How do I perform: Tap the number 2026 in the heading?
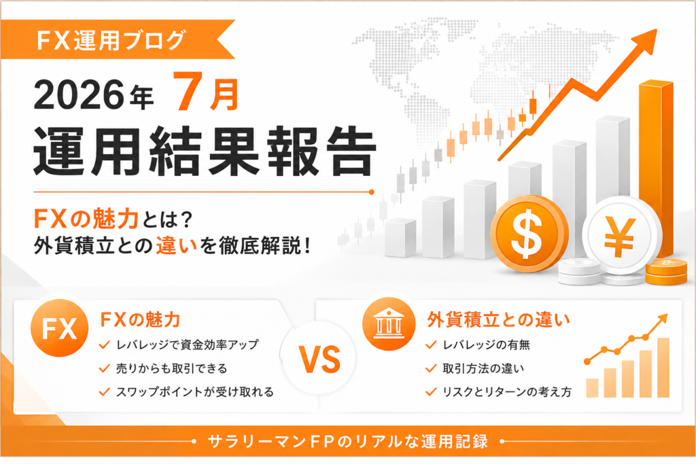pyautogui.click(x=79, y=94)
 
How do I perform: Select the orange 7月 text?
pyautogui.click(x=206, y=92)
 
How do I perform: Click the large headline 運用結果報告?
pyautogui.click(x=205, y=150)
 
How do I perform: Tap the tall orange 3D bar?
pyautogui.click(x=656, y=168)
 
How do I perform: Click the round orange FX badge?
pyautogui.click(x=60, y=328)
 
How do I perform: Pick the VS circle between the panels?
pyautogui.click(x=319, y=359)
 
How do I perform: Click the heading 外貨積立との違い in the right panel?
pyautogui.click(x=498, y=319)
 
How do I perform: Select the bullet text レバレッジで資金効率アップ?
pyautogui.click(x=187, y=344)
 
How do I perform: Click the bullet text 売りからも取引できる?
pyautogui.click(x=171, y=368)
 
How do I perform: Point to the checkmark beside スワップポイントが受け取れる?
pyautogui.click(x=104, y=392)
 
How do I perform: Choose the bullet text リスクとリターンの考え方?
pyautogui.click(x=507, y=392)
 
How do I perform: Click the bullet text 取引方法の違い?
pyautogui.click(x=483, y=368)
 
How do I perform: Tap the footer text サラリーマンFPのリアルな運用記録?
pyautogui.click(x=347, y=442)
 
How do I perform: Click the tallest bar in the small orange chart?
pyautogui.click(x=663, y=368)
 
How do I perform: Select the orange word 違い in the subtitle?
pyautogui.click(x=176, y=245)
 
